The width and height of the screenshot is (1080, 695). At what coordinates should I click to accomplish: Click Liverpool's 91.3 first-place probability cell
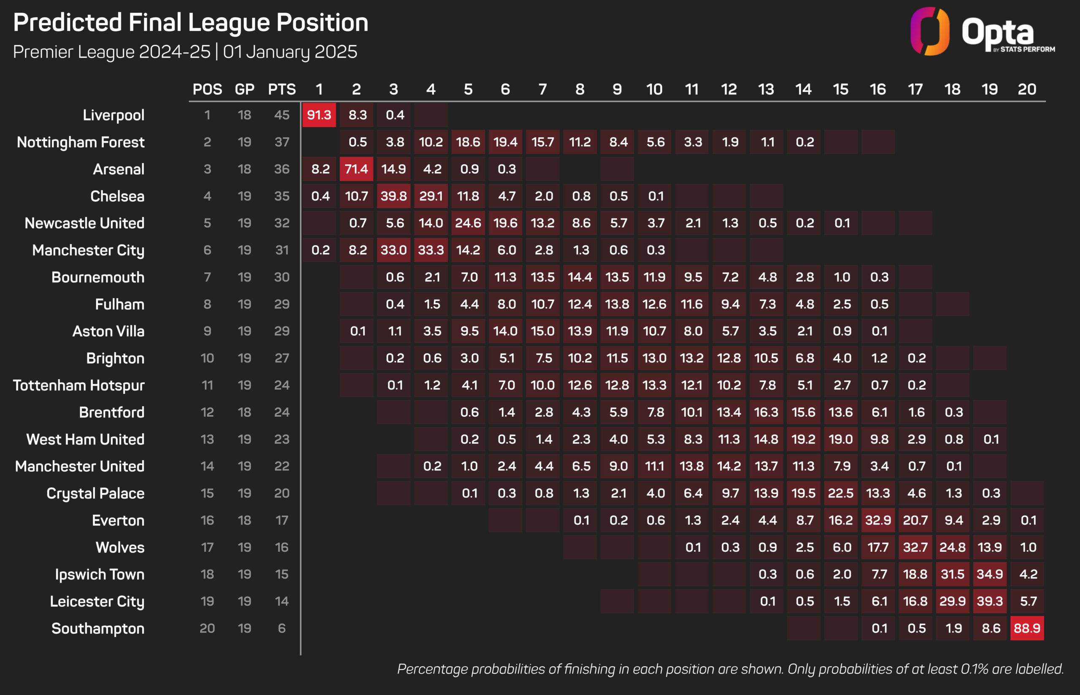(319, 115)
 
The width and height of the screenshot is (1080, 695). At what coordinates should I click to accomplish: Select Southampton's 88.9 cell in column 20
(1027, 628)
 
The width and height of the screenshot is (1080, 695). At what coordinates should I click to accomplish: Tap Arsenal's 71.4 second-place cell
(356, 169)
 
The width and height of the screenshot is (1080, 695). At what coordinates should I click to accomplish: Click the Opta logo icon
(930, 31)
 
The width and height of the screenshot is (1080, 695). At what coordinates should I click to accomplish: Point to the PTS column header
(282, 90)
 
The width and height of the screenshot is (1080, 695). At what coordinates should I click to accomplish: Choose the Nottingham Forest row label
(81, 142)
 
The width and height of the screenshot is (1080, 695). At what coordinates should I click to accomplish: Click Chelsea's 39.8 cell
(394, 196)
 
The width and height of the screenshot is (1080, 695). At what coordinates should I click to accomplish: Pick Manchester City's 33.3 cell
(431, 250)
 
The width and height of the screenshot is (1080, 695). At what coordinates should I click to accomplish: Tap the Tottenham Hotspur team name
(79, 386)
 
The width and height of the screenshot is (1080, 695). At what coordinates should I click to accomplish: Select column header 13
(766, 90)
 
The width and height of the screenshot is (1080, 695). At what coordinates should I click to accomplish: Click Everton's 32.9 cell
(878, 520)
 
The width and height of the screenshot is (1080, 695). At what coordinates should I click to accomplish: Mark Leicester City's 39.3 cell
(990, 601)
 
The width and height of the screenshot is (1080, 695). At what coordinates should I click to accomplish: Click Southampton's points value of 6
(282, 628)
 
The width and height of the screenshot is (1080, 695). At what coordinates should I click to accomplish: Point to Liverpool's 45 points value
(282, 115)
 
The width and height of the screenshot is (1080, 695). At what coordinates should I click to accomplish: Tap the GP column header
(245, 90)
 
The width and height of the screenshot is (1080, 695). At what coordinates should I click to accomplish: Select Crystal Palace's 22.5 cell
(840, 493)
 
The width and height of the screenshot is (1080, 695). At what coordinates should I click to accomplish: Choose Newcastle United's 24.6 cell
(468, 223)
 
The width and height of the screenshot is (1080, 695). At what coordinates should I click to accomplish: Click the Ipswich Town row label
(100, 575)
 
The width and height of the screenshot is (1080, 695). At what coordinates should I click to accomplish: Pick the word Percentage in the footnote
(432, 669)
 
